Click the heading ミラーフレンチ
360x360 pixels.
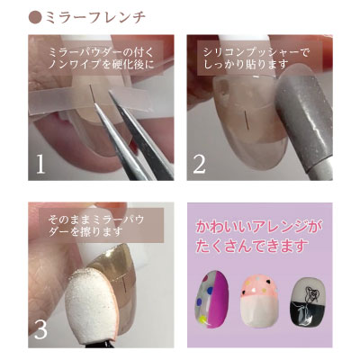(95, 17)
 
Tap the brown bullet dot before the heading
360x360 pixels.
(35, 17)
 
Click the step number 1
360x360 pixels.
(40, 164)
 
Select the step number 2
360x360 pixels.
(199, 164)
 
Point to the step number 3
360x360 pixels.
(40, 329)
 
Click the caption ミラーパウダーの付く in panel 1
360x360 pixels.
(101, 53)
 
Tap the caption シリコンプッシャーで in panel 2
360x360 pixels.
(256, 53)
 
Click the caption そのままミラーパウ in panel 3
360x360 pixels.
(96, 220)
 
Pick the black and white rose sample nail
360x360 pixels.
(308, 301)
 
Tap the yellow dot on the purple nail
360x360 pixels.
(202, 319)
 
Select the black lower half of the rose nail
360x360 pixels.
(308, 314)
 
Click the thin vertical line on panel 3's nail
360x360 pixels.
(125, 284)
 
